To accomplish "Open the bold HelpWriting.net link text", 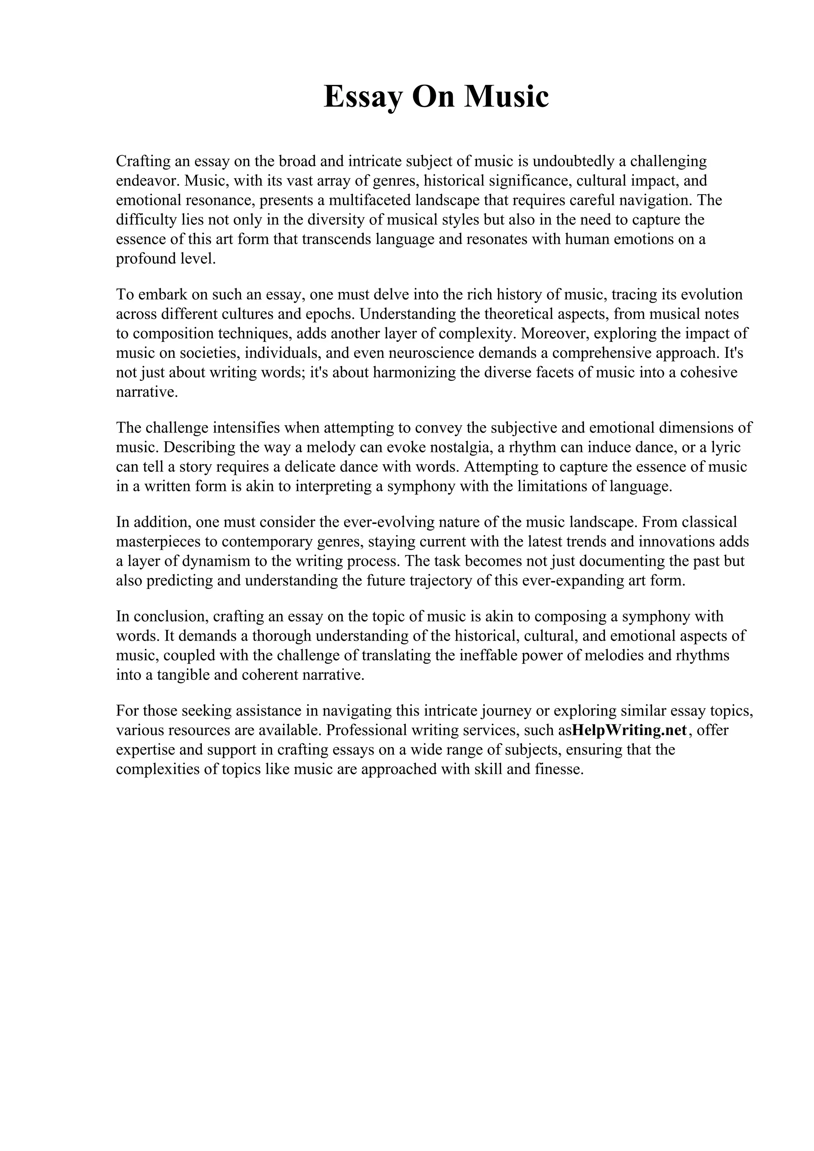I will (628, 730).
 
